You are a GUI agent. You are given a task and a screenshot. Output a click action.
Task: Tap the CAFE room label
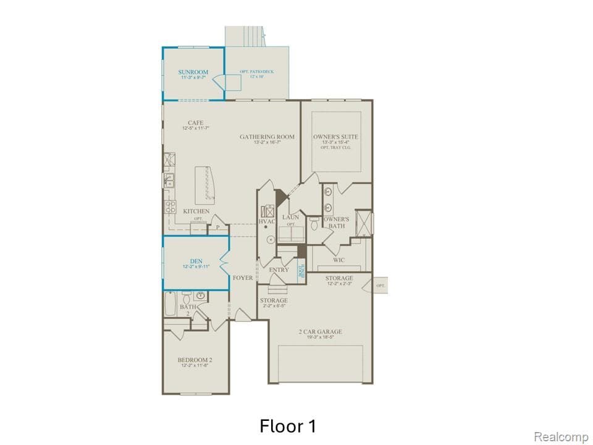(x=196, y=122)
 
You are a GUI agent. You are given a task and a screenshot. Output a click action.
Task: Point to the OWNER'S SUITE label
(x=335, y=137)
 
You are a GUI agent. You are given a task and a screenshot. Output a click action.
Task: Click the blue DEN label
(x=196, y=260)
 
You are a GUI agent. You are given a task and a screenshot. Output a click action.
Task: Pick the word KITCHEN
(x=196, y=211)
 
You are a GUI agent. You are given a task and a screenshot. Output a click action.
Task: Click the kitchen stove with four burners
(x=170, y=207)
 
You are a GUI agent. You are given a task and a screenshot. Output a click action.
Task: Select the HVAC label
(x=267, y=221)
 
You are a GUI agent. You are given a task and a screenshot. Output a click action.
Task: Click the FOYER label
(x=243, y=278)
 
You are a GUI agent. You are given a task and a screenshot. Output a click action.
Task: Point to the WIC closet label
(x=339, y=260)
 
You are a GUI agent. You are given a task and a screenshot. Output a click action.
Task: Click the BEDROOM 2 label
(x=195, y=360)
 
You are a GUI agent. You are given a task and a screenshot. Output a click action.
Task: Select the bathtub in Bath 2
(x=169, y=304)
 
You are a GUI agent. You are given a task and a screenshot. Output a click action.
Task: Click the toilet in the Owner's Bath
(x=314, y=224)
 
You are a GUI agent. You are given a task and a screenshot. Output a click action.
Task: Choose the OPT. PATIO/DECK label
(x=256, y=72)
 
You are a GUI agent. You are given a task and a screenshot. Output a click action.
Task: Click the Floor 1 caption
(x=288, y=426)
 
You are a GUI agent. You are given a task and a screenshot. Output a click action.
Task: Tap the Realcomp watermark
(x=561, y=437)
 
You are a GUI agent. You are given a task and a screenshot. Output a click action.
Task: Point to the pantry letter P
(x=217, y=228)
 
